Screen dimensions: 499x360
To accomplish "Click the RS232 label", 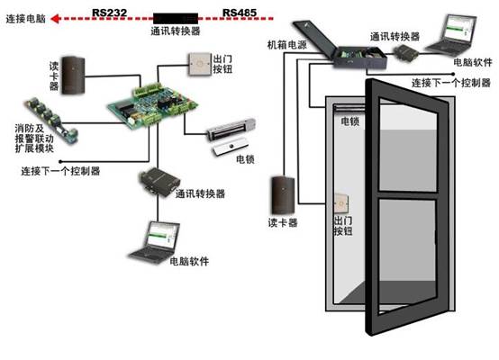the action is coord(110,13).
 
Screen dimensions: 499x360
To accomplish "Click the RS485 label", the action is coord(240,13).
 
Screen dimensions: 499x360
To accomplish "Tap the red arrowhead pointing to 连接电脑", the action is coord(56,19).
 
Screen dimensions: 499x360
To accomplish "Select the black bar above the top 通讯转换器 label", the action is coord(176,18).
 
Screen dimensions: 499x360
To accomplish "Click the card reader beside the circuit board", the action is coord(73,76).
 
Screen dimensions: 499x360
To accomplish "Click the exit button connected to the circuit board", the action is coord(200,64).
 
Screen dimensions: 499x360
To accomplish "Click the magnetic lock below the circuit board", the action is coord(231,136).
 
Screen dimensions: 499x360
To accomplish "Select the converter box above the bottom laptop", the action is coord(159,182).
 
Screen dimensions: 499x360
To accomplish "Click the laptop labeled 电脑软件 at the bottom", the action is coord(155,242).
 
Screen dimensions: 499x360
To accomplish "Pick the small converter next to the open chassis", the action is coord(407,53).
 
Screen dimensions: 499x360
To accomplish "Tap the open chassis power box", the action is coord(340,44).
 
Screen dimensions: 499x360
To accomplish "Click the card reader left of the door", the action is coord(283,195).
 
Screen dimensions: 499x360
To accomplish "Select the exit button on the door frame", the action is coord(340,204).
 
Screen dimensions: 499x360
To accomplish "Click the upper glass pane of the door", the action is coord(408,146).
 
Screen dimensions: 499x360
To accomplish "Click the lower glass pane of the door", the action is coord(407,255).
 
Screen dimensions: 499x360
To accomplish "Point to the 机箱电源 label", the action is coord(287,45).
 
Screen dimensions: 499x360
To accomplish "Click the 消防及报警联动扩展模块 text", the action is coord(34,139).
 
